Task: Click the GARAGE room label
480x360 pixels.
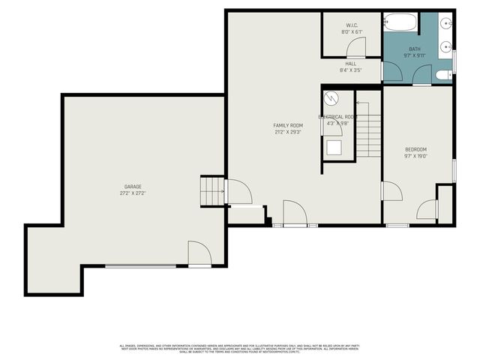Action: pos(133,187)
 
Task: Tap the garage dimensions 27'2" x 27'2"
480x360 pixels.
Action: pos(133,193)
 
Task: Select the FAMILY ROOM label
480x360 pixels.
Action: pos(287,125)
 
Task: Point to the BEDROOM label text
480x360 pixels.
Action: pos(415,149)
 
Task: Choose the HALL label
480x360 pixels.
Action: pos(350,64)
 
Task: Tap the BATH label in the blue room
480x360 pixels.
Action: pos(415,49)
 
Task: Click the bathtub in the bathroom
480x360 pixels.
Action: pos(400,22)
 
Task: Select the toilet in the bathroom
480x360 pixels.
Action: pos(445,74)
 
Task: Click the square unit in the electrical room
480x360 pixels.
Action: pos(333,147)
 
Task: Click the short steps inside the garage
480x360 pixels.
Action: pos(212,191)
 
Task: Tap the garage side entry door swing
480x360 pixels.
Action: pos(199,253)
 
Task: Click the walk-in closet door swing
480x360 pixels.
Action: pos(355,47)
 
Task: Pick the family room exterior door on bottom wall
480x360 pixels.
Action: pos(295,214)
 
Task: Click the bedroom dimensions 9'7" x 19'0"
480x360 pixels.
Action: pos(415,156)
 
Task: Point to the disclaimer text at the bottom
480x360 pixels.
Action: pos(240,348)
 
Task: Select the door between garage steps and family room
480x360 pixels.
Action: pos(238,193)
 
